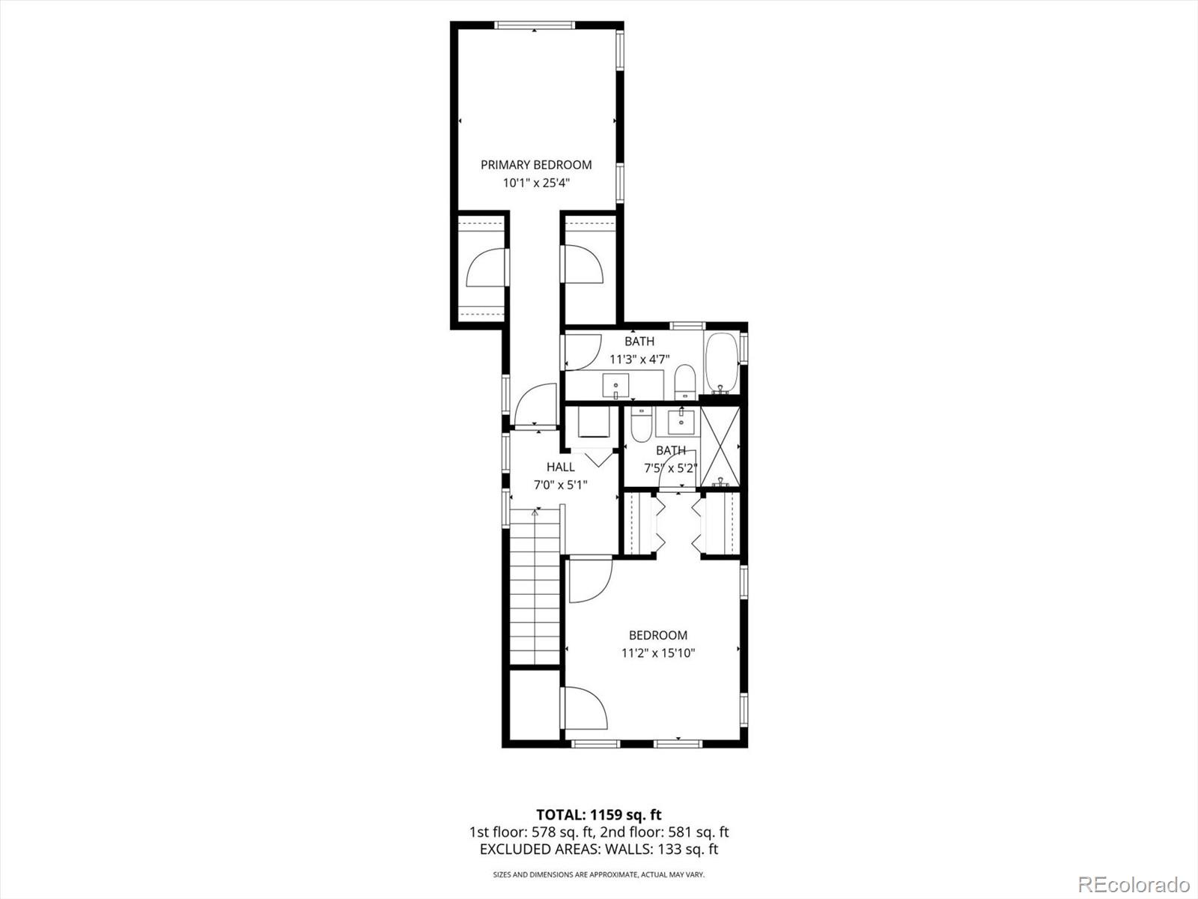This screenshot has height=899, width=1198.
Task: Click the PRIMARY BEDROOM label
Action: coord(536,165)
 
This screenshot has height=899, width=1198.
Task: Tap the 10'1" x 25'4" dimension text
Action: coord(536,183)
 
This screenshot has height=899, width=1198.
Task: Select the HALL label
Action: coord(560,467)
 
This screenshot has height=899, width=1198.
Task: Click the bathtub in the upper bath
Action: coord(721,363)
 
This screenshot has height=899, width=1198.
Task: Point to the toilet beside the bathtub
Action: coord(685,381)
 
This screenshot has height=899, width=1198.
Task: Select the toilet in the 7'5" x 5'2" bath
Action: coord(641,425)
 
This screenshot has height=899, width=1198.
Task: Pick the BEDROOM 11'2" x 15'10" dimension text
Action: coord(658,653)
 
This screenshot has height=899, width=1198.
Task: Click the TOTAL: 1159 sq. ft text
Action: coord(598,814)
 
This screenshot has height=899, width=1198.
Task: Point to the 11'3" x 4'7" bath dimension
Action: coord(639,359)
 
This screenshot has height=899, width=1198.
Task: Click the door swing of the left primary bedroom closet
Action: coord(486,268)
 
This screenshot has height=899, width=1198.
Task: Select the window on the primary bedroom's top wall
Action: coord(535,25)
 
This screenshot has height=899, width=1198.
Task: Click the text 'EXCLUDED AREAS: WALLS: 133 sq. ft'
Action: coord(598,849)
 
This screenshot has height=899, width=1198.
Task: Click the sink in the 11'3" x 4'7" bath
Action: coord(616,387)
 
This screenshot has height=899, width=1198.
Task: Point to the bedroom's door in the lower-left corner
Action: coord(585,707)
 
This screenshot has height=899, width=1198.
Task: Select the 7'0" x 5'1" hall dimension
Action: coord(560,485)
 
